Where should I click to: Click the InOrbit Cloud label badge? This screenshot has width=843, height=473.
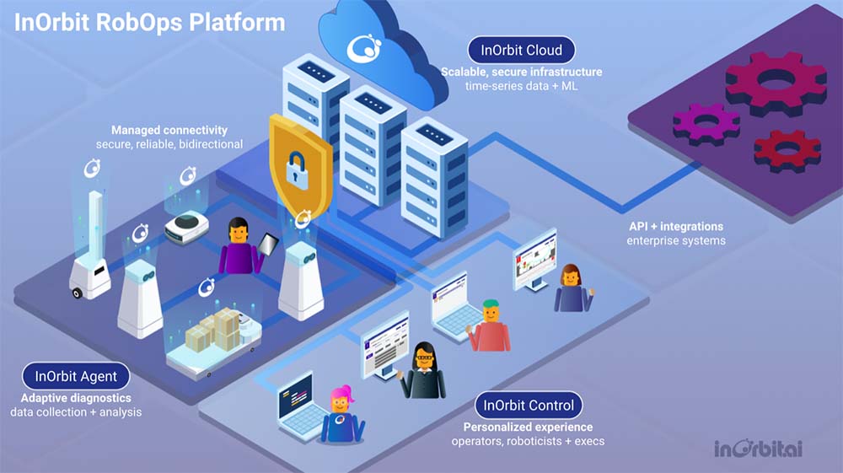[x=521, y=50]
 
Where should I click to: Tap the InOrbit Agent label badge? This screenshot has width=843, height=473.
[x=76, y=375]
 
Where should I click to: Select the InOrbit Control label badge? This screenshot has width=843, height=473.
[x=529, y=406]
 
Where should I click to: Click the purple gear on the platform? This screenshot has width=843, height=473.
[x=706, y=123]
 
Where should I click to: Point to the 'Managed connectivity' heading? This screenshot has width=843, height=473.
[x=169, y=130]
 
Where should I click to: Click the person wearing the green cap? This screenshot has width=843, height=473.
[x=490, y=325]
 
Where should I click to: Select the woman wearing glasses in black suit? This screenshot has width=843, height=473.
[x=422, y=371]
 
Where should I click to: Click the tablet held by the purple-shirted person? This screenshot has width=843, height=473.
[x=269, y=245]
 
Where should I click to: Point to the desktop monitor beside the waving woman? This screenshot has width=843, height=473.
[x=535, y=258]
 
